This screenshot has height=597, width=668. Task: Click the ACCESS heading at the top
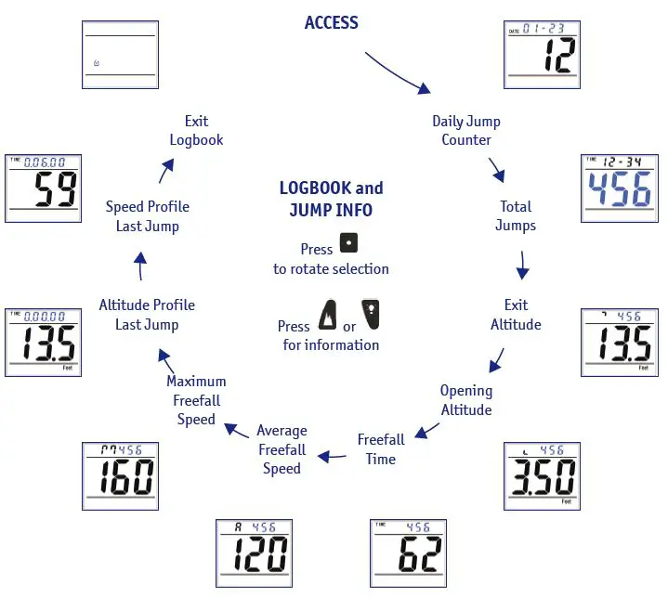[x=331, y=22]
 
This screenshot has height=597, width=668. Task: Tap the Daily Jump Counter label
[x=466, y=130]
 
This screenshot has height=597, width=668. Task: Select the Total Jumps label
[x=516, y=215]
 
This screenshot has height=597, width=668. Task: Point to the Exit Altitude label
[x=516, y=314]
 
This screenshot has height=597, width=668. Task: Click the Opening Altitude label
[x=466, y=400]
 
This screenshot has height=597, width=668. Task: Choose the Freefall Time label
[x=381, y=448]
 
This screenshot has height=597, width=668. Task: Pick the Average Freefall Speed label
[x=282, y=449]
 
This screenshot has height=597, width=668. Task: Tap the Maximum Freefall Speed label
[x=196, y=400]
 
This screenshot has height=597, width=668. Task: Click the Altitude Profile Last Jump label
[x=147, y=314]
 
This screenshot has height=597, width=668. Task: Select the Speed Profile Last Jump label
[x=147, y=216]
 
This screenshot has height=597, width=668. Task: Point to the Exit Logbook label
[x=196, y=130]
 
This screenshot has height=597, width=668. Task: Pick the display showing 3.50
[x=542, y=474]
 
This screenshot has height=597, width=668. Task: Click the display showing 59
[x=43, y=188]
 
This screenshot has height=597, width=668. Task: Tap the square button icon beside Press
[x=348, y=246]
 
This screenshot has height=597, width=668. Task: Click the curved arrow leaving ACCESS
[x=398, y=71]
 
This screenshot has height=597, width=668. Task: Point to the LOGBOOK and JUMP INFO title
[x=331, y=199]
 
